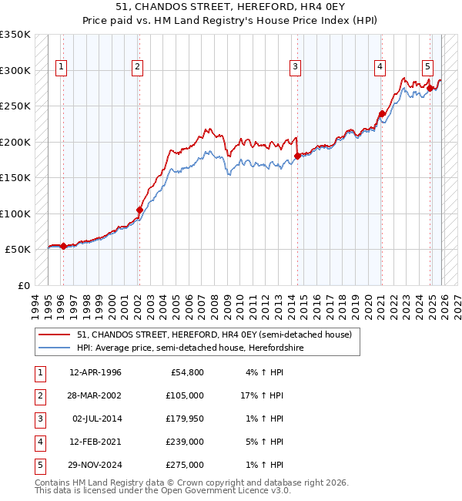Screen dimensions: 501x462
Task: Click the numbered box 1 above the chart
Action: (x=62, y=68)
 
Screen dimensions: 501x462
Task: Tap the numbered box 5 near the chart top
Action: (x=427, y=68)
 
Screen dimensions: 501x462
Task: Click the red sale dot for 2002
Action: (x=139, y=210)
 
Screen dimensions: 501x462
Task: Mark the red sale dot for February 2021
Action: (x=381, y=113)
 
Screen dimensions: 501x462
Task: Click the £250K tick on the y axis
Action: (x=15, y=106)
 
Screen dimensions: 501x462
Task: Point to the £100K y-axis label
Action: (x=15, y=214)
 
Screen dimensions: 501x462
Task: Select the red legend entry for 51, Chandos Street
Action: (x=214, y=335)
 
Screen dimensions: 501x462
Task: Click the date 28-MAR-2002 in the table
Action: (x=95, y=395)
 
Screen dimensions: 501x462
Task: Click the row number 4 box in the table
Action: (x=39, y=442)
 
